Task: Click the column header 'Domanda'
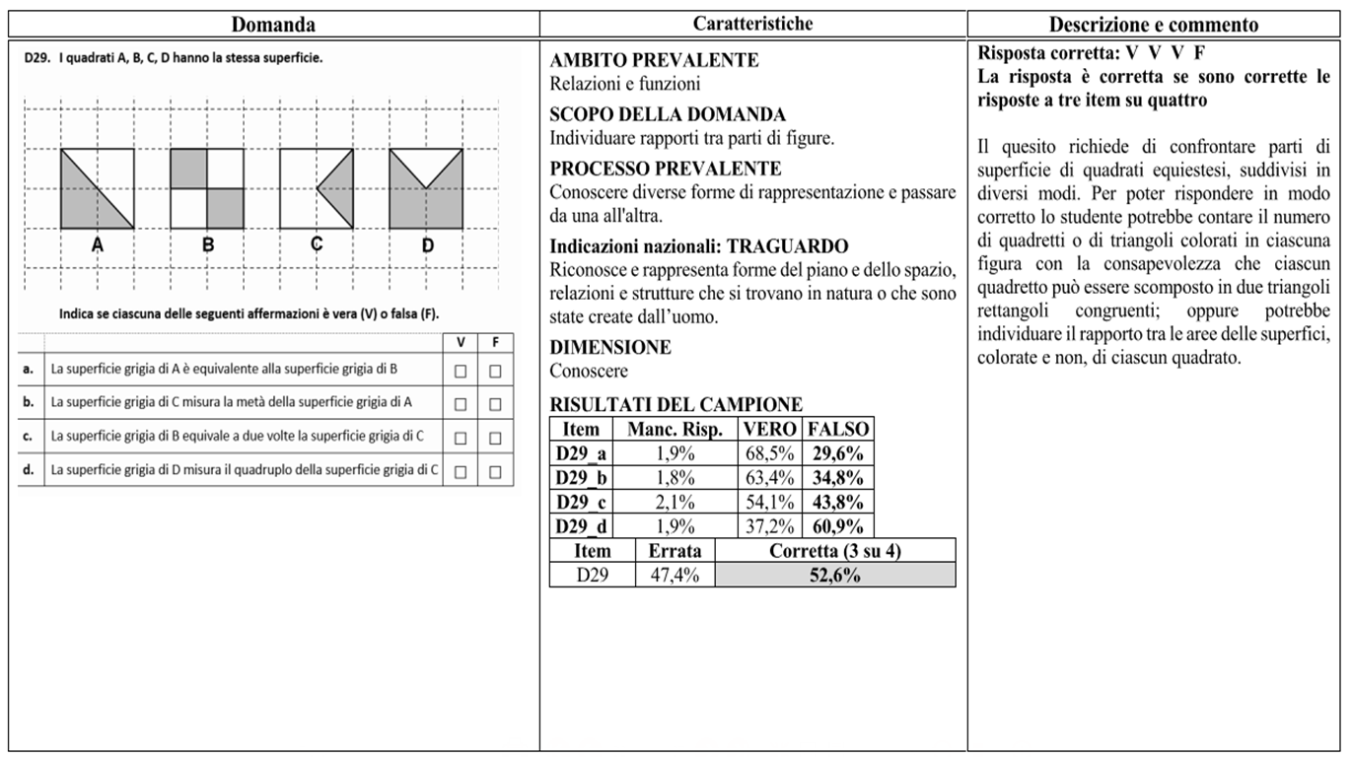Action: [274, 25]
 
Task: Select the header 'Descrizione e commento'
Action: [1153, 25]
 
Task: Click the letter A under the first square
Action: [98, 245]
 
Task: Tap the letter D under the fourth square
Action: [427, 245]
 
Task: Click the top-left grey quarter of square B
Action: [189, 168]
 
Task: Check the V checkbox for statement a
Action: [460, 371]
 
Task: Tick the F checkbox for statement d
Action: [495, 470]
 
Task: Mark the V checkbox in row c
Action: [460, 437]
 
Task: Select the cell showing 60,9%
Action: [837, 525]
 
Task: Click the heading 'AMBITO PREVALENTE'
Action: [654, 60]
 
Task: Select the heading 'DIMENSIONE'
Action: [610, 347]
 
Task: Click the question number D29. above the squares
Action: [37, 57]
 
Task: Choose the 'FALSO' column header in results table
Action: [837, 430]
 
